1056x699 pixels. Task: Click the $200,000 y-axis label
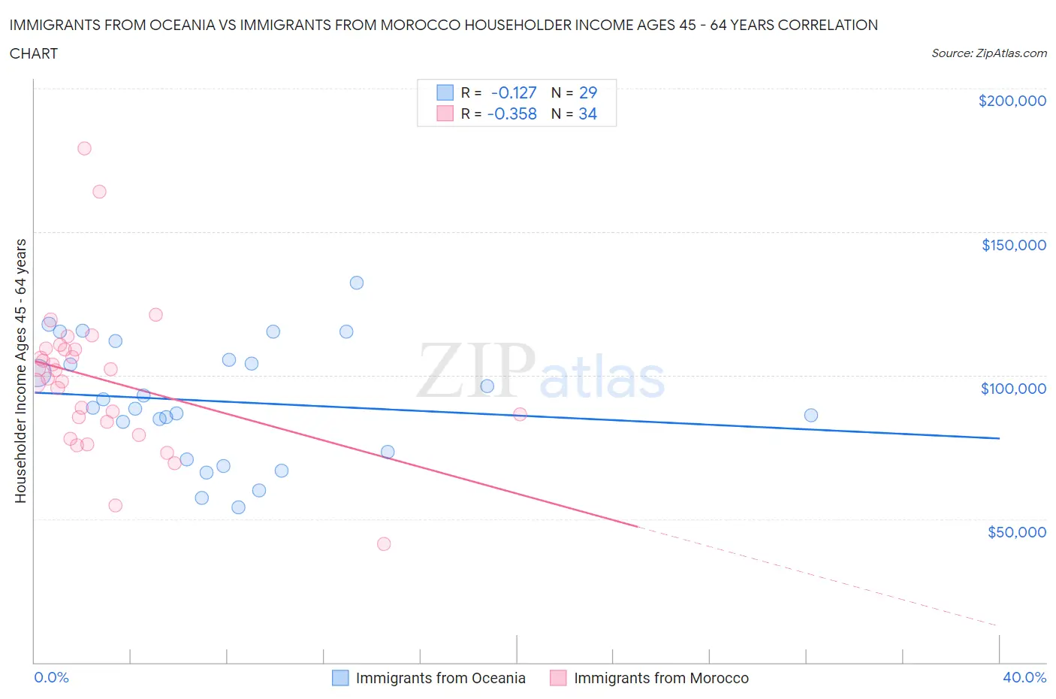[1012, 101]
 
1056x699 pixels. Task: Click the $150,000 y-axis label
[1013, 245]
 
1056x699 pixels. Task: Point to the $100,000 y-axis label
[1013, 389]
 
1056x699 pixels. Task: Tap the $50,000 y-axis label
[1016, 532]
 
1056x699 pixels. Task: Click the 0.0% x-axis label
[51, 677]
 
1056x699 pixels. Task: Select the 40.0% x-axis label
[1024, 677]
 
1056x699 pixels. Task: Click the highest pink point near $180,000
[84, 149]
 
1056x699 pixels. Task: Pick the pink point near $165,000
[99, 192]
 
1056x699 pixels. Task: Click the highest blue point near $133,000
[357, 283]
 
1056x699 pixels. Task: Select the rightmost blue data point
[810, 416]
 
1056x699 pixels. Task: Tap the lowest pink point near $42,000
[384, 544]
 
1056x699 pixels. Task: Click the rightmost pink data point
[520, 414]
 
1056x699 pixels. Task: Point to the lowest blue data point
[238, 507]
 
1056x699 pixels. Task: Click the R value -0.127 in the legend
[514, 92]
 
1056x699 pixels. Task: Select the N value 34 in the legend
[587, 113]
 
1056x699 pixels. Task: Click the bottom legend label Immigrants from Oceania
[440, 678]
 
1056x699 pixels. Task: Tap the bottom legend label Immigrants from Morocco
[661, 678]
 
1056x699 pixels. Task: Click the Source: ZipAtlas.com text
[988, 53]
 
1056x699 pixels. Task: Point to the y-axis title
[20, 371]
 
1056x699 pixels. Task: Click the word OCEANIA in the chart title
[197, 25]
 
